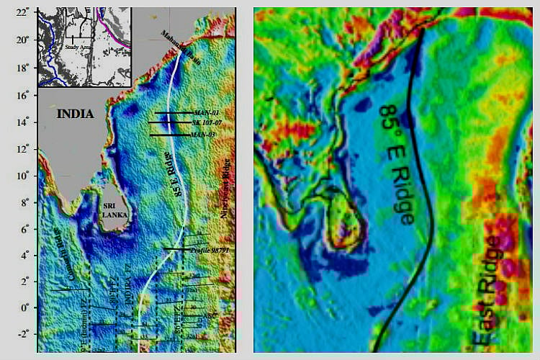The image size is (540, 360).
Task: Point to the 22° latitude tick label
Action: (x=24, y=13)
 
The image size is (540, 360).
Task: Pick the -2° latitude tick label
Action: (x=24, y=334)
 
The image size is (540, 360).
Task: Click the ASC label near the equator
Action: (x=211, y=315)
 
